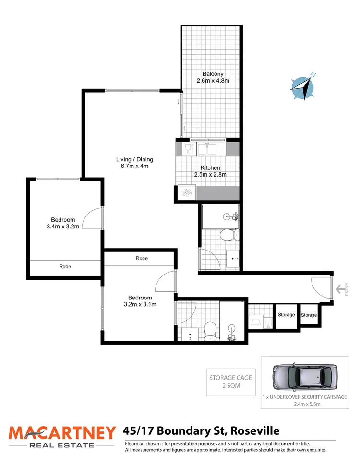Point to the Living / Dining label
click(134, 160)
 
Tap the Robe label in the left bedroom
click(65, 266)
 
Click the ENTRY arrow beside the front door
click(340, 289)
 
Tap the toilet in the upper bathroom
click(227, 235)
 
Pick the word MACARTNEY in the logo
click(62, 433)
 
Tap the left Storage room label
click(286, 315)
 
